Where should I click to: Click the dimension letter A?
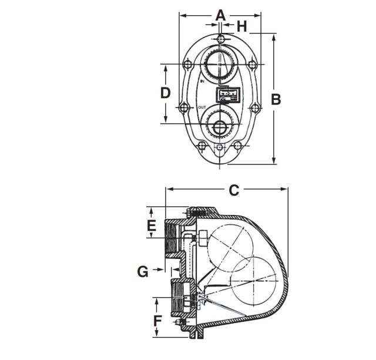pos(220,15)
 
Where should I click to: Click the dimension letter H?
pos(241,26)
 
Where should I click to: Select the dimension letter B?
pos(275,99)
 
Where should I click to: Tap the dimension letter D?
pos(166,92)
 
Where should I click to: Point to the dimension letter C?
pos(233,190)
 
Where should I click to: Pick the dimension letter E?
pos(151,226)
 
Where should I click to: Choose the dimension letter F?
pos(157,321)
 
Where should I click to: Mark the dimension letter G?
pos(143,271)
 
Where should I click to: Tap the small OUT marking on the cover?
pos(202,107)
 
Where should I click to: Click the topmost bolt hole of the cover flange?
pos(220,39)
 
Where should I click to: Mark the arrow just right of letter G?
pos(159,271)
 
